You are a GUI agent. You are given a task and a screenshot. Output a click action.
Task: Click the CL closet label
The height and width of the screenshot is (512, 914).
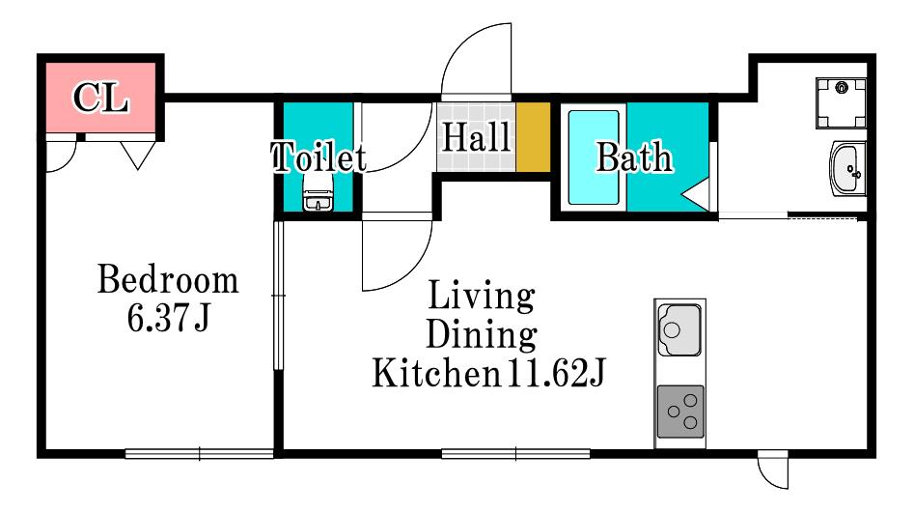pos(100,98)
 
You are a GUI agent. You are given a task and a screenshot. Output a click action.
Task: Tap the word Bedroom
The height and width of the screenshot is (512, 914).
pos(168,279)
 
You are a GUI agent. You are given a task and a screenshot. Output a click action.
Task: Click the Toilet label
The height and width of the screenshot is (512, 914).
pos(319,156)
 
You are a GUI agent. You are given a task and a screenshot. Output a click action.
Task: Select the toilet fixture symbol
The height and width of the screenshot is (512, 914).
pos(318,193)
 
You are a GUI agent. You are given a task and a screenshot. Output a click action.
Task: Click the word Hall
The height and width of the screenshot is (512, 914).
pos(476,136)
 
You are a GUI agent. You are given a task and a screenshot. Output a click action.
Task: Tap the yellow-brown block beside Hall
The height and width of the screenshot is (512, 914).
pos(534,137)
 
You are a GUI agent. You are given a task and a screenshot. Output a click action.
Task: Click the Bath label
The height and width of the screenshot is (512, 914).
pos(634,156)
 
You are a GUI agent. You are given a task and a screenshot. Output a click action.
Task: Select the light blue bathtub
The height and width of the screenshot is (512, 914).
pos(594,157)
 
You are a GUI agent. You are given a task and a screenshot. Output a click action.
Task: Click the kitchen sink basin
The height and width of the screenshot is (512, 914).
pos(679,329)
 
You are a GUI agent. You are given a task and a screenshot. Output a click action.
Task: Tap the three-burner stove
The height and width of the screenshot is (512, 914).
pos(680,412)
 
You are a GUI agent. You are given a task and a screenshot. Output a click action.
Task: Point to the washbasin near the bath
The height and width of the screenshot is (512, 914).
pos(847,169)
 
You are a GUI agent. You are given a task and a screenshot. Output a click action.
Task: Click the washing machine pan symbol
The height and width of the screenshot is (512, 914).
pos(841,102)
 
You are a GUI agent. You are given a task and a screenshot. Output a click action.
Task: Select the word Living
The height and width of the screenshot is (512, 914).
pos(482,296)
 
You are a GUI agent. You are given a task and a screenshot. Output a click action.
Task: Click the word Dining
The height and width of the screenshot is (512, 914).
pos(482,334)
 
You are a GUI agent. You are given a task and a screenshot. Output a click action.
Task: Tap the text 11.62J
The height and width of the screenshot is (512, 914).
pos(556,373)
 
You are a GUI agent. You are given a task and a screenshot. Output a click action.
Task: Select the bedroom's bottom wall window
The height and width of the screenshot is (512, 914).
pos(200,453)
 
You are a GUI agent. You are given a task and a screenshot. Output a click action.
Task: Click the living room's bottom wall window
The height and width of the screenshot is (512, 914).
pos(515,453)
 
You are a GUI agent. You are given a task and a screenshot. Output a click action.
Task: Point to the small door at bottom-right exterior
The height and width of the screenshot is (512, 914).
pos(773,469)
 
